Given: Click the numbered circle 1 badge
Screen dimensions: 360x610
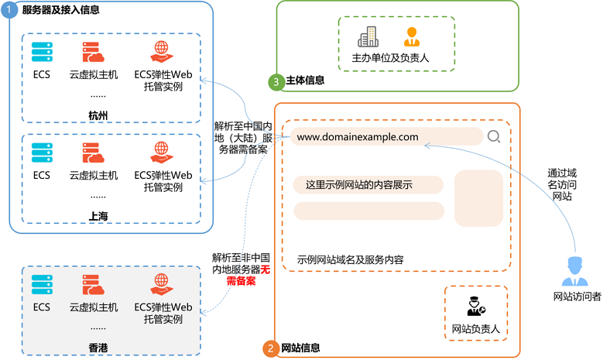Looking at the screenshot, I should (x=9, y=10).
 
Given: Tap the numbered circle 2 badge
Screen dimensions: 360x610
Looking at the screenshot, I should (x=270, y=349).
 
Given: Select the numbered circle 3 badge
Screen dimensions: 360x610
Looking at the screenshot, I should (x=275, y=81).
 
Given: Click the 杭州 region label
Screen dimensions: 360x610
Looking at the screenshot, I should (x=98, y=115).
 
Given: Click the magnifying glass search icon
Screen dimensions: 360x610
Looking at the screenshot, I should (x=494, y=137).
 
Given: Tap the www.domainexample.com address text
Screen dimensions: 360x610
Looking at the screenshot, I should (x=358, y=137).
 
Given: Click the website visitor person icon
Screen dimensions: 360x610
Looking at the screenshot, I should (x=577, y=271).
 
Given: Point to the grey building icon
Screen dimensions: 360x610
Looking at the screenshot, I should (x=368, y=36).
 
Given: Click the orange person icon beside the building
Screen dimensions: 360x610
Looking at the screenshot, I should (x=411, y=36).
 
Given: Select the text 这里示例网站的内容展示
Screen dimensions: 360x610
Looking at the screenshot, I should (x=358, y=184).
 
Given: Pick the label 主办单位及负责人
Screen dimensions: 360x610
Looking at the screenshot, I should (x=390, y=57).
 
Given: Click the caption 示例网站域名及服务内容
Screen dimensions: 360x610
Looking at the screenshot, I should (x=350, y=259).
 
